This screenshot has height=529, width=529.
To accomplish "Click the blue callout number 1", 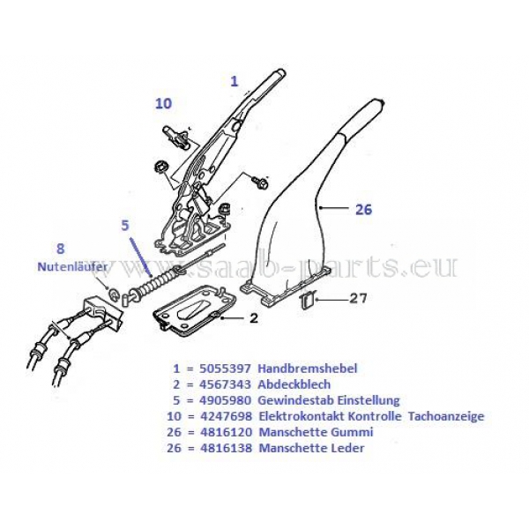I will click(235, 80).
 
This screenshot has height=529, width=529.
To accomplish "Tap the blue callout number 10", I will click(163, 103).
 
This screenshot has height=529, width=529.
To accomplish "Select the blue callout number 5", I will click(125, 225).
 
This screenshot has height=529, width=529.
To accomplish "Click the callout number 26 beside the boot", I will click(363, 210).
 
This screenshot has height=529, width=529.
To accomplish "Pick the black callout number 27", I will click(357, 299).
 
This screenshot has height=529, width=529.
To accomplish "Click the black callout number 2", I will click(253, 317).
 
